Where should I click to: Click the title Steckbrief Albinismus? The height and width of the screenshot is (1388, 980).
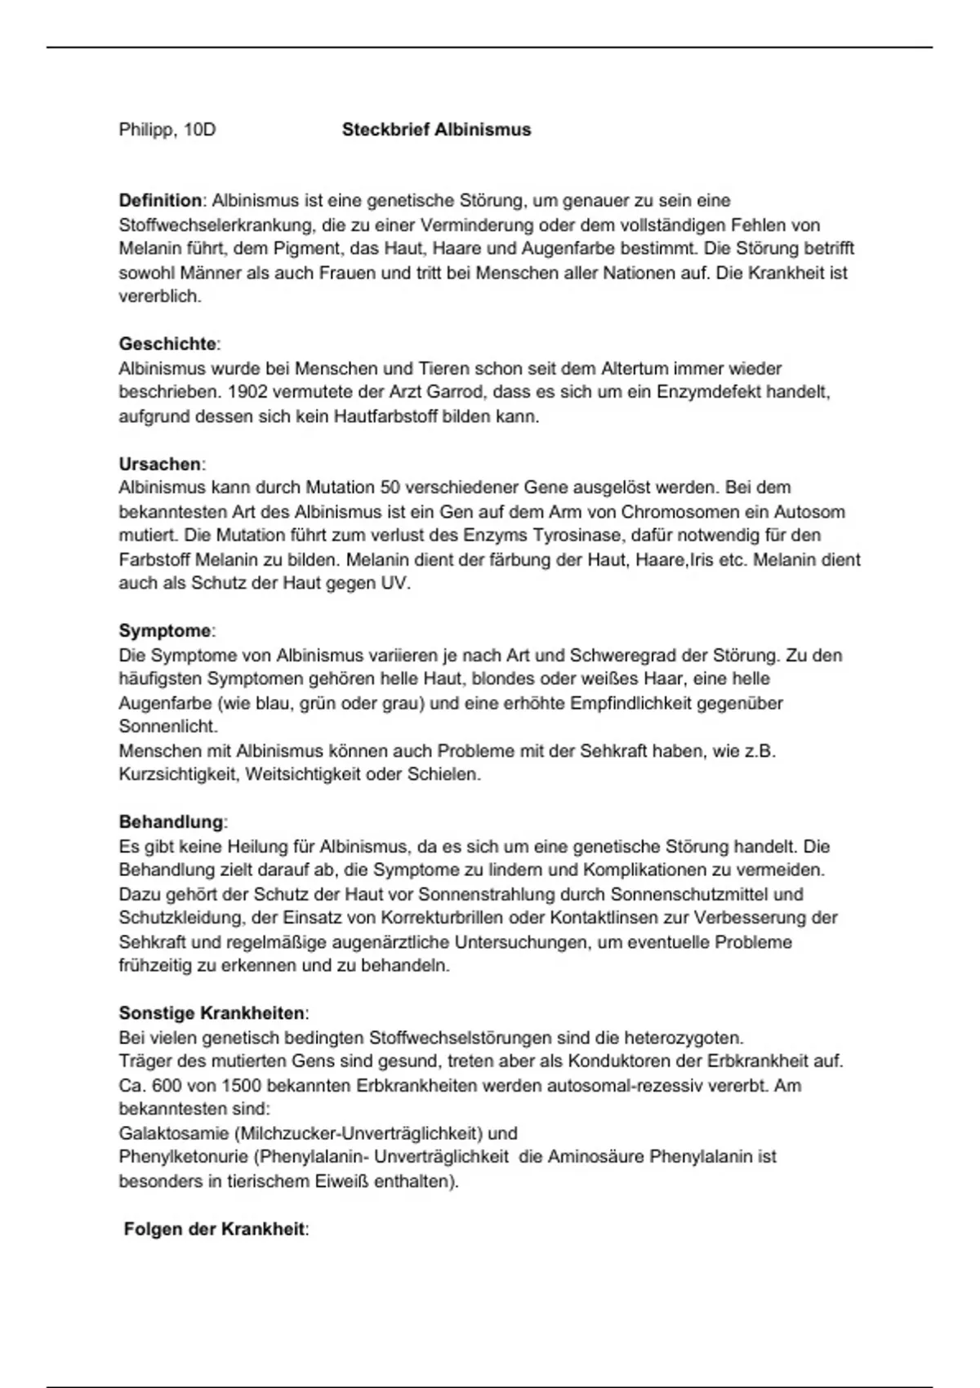click(436, 130)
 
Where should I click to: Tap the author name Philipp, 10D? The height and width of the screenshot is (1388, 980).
click(167, 130)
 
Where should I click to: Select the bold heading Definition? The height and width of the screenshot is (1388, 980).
click(160, 201)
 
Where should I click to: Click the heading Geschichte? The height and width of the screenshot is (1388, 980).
click(167, 344)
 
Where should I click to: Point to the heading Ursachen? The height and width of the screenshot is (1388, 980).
click(160, 464)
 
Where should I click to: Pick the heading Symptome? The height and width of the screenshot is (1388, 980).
click(165, 631)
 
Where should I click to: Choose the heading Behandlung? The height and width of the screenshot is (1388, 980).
click(171, 822)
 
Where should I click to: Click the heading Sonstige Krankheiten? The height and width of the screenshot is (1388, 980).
click(212, 1013)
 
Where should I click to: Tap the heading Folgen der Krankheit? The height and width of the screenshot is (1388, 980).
click(214, 1229)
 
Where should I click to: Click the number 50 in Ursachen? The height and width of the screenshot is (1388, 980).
click(390, 487)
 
